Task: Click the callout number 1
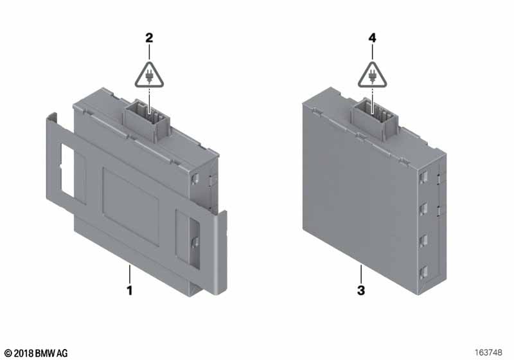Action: (130, 290)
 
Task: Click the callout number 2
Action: (149, 38)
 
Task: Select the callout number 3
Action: (361, 290)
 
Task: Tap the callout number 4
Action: (373, 38)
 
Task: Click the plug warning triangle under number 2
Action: (149, 76)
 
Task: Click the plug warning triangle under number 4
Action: (373, 76)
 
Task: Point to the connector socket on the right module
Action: (375, 118)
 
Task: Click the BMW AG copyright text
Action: (37, 353)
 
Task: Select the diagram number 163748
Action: (488, 352)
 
